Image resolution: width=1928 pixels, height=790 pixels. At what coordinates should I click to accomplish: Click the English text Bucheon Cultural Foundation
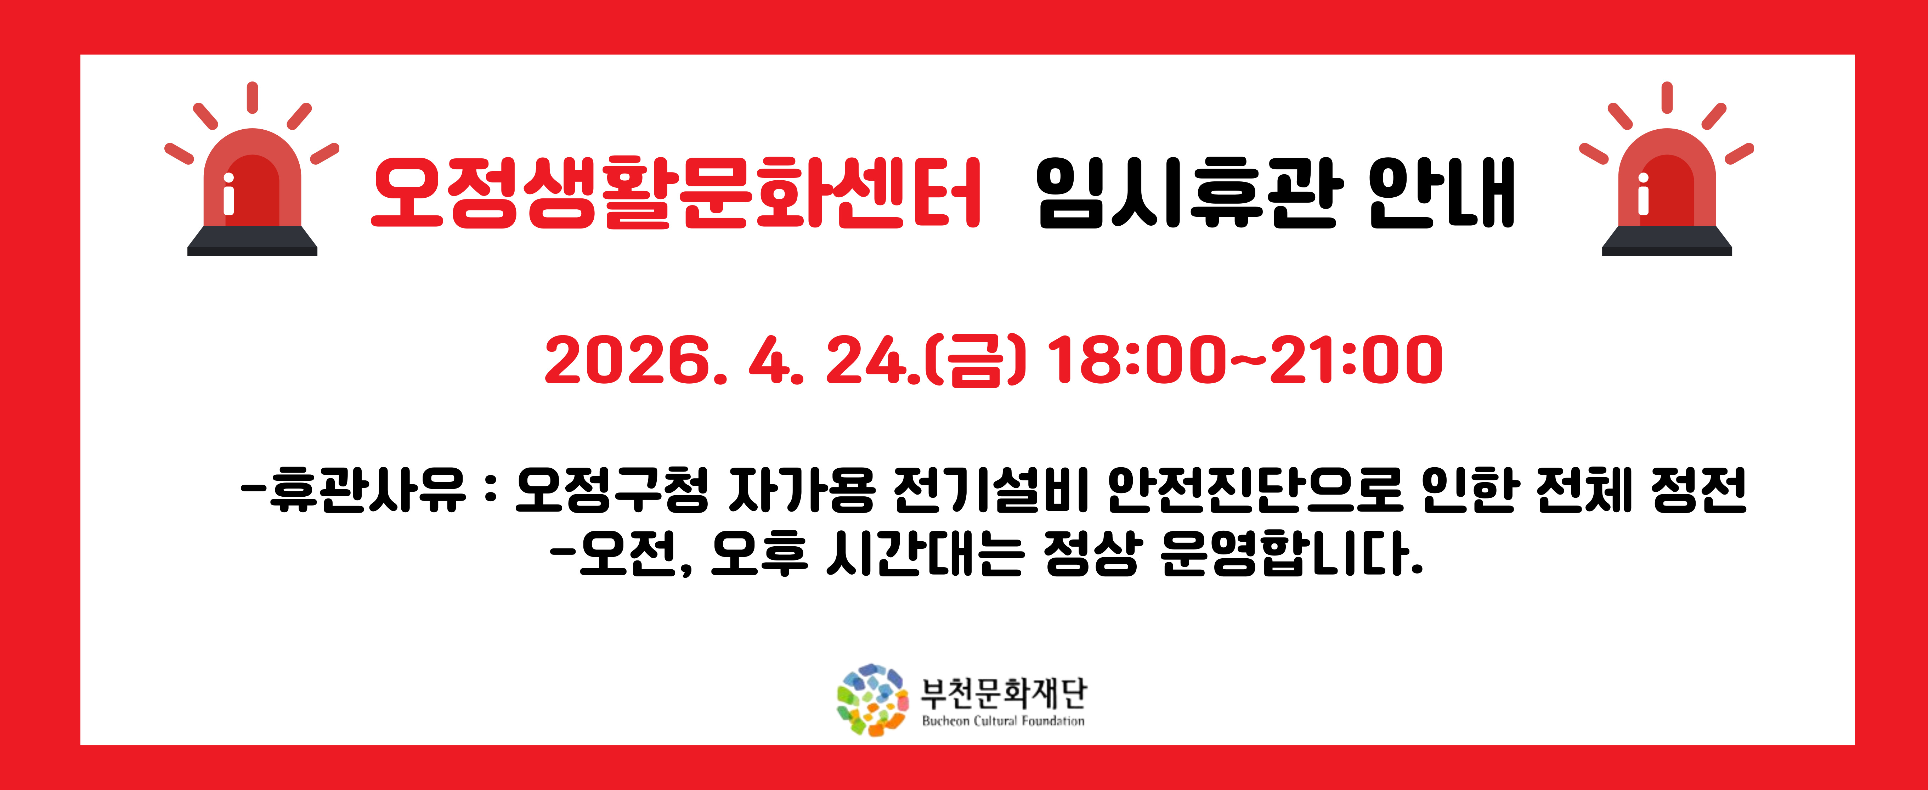click(x=1003, y=721)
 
